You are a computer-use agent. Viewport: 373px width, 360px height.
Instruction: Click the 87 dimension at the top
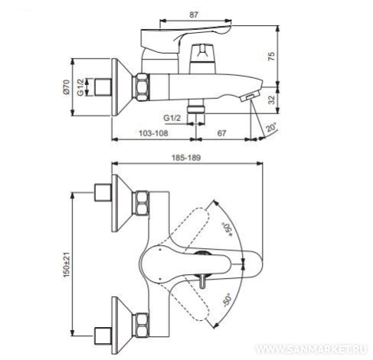(x=194, y=15)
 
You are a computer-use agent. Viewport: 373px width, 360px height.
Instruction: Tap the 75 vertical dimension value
(x=272, y=56)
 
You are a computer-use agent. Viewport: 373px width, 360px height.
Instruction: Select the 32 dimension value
(x=272, y=100)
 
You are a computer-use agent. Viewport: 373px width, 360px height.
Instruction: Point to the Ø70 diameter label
(x=67, y=87)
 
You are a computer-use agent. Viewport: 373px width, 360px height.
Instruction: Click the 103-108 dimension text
(x=153, y=133)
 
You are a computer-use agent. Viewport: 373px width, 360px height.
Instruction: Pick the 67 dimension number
(x=221, y=133)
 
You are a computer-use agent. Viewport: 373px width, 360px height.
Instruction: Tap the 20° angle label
(x=271, y=127)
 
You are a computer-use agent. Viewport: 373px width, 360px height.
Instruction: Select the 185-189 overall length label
(x=186, y=158)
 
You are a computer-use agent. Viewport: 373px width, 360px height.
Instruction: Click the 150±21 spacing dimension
(x=67, y=264)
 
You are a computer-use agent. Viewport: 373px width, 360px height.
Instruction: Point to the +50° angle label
(x=227, y=230)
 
